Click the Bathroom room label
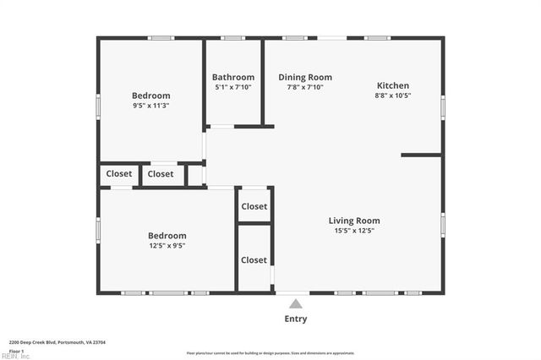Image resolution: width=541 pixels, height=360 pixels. [232, 77]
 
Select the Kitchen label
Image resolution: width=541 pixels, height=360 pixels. [393, 85]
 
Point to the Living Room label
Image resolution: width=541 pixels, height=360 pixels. [354, 221]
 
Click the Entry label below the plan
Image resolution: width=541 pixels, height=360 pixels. [296, 319]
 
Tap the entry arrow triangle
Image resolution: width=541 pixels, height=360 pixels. [295, 303]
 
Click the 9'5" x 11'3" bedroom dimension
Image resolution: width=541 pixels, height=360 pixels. [151, 106]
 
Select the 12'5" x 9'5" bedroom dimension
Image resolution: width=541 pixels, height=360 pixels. [167, 246]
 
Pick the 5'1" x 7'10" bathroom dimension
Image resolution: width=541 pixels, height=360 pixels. [232, 87]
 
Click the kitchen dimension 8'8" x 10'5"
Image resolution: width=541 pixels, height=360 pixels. [393, 95]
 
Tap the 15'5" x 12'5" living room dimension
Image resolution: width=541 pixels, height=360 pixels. [354, 231]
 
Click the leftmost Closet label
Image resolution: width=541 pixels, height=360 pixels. [119, 174]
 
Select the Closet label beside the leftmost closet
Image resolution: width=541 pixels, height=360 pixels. [161, 174]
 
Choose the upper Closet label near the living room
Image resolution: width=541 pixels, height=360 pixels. [254, 206]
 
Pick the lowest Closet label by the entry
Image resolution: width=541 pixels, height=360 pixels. [254, 260]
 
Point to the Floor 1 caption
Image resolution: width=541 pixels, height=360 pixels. [16, 350]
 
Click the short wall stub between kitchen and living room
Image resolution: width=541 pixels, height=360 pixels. [421, 155]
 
